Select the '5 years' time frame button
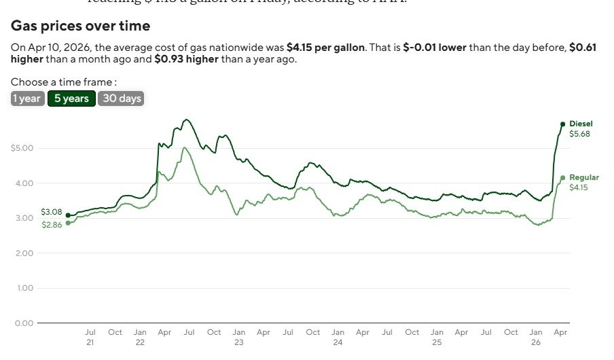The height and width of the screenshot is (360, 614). (71, 98)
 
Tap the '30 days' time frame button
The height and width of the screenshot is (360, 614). (122, 98)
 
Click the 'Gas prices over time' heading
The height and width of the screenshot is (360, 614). (80, 26)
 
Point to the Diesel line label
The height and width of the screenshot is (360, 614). (581, 124)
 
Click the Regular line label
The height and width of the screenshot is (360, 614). (583, 177)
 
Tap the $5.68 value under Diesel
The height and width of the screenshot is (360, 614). (579, 134)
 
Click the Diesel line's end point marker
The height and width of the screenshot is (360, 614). (562, 124)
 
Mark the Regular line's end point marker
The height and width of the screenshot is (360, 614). (562, 178)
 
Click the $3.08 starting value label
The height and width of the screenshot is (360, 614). (52, 212)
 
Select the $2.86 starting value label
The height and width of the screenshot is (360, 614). (52, 225)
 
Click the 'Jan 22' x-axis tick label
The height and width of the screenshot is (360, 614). (140, 338)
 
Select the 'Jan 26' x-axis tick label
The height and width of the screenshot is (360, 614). (536, 338)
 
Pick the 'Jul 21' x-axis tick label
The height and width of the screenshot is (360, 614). (90, 338)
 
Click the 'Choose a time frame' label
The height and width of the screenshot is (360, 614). (59, 82)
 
